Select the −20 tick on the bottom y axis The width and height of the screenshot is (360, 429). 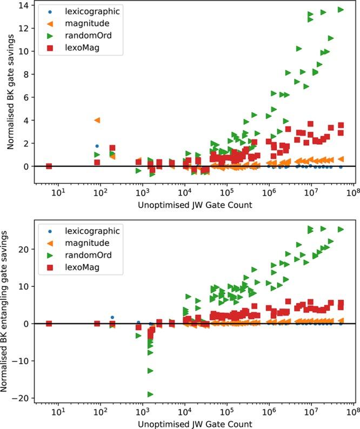(24, 398)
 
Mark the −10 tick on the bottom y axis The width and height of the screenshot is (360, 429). (24, 361)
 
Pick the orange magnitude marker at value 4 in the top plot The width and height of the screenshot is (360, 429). (97, 120)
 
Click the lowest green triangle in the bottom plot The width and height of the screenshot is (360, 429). (150, 394)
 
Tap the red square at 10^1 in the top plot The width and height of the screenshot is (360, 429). (49, 166)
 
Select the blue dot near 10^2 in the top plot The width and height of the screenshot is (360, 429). (97, 146)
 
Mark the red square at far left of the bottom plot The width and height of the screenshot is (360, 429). (49, 324)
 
